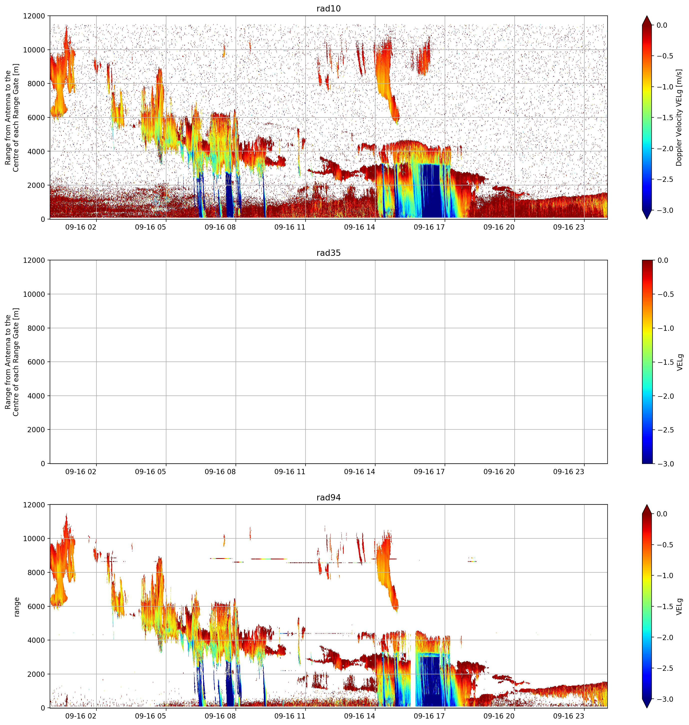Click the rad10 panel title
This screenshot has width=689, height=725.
[x=328, y=8]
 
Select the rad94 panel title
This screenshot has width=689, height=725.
[x=328, y=497]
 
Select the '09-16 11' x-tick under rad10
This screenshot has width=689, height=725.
[x=290, y=227]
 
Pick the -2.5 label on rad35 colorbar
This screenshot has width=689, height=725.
[x=665, y=430]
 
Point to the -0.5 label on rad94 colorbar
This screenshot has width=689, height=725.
[x=665, y=545]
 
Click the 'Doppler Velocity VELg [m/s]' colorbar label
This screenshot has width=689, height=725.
[x=679, y=117]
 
